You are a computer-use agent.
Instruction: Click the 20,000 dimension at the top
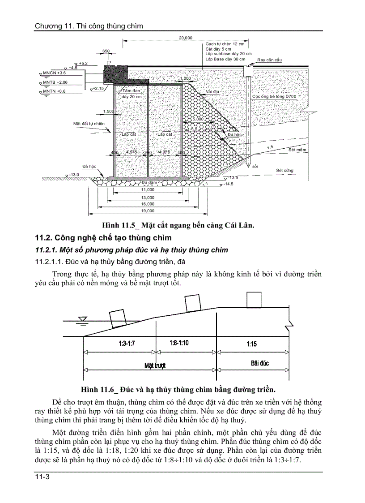click(185, 38)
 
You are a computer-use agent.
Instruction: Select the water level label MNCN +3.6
click(54, 73)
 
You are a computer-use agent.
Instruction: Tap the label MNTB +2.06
click(55, 82)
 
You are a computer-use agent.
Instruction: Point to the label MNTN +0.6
click(54, 91)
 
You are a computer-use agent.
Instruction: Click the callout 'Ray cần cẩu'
click(270, 60)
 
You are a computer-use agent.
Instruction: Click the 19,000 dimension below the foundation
click(148, 211)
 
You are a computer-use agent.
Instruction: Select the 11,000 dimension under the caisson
click(148, 190)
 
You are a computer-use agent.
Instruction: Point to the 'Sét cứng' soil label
click(285, 171)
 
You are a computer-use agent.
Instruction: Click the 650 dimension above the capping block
click(106, 51)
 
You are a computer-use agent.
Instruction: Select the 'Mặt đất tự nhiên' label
click(89, 123)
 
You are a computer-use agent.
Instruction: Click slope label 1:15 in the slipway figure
click(252, 344)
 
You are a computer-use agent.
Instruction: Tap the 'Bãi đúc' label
click(260, 363)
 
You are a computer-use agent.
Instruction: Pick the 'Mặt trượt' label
click(155, 365)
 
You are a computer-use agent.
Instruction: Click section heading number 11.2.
click(45, 237)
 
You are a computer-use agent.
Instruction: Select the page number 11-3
click(42, 478)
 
